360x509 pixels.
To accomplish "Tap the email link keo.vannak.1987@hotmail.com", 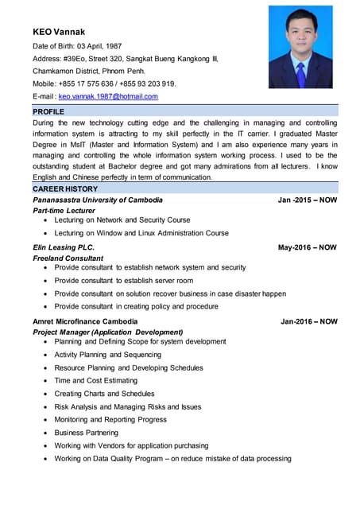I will coord(108,96).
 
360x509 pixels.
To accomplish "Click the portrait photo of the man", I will coord(300,47).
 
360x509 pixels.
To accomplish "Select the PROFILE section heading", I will coord(48,112).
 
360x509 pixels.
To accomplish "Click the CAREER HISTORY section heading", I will coord(65,189).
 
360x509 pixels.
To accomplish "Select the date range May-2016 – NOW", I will coord(307,247).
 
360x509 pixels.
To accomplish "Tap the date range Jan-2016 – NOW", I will coord(308,321).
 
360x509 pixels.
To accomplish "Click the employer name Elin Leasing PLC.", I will coord(64,247).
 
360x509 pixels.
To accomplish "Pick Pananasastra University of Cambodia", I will coord(98,200).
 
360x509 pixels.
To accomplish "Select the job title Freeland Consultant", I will coord(68,258).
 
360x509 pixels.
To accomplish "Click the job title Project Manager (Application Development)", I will coord(108,332).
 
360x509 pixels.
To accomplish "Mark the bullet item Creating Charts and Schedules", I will coord(104,394).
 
